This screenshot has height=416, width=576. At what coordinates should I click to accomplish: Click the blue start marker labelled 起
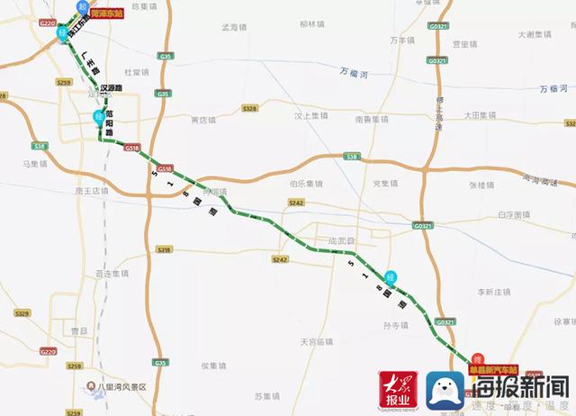pos(83,5)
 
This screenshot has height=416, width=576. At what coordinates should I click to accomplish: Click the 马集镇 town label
pos(34,165)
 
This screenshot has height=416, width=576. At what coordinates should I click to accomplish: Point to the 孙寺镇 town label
pos(396,324)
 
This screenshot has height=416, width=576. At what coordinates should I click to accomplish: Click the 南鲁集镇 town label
pos(371,118)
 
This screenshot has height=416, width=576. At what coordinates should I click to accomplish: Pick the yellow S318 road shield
pos(164,249)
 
